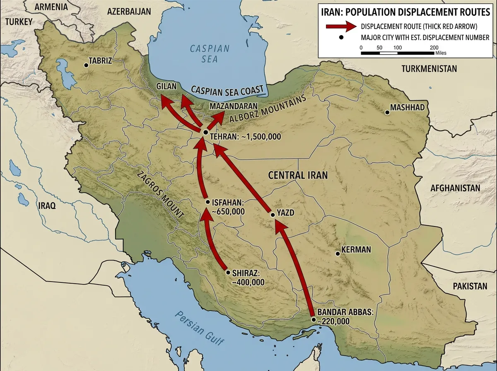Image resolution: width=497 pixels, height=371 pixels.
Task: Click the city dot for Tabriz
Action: click(86, 65)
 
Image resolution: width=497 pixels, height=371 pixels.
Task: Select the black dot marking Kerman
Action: click(338, 253)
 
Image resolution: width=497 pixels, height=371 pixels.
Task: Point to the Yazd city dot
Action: click(273, 215)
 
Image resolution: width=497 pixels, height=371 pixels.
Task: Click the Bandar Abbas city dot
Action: click(314, 320)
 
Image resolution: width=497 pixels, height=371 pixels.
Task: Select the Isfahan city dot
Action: click(208, 202)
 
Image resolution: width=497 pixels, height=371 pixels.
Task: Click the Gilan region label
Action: click(166, 87)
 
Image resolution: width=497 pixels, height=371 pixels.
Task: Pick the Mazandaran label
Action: click(234, 106)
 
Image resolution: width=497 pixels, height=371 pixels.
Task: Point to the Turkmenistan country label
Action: click(429, 69)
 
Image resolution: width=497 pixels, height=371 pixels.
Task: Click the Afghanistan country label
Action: click(455, 188)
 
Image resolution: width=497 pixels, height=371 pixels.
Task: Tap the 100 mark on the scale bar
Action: click(397, 47)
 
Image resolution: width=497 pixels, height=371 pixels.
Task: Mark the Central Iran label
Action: click(298, 175)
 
